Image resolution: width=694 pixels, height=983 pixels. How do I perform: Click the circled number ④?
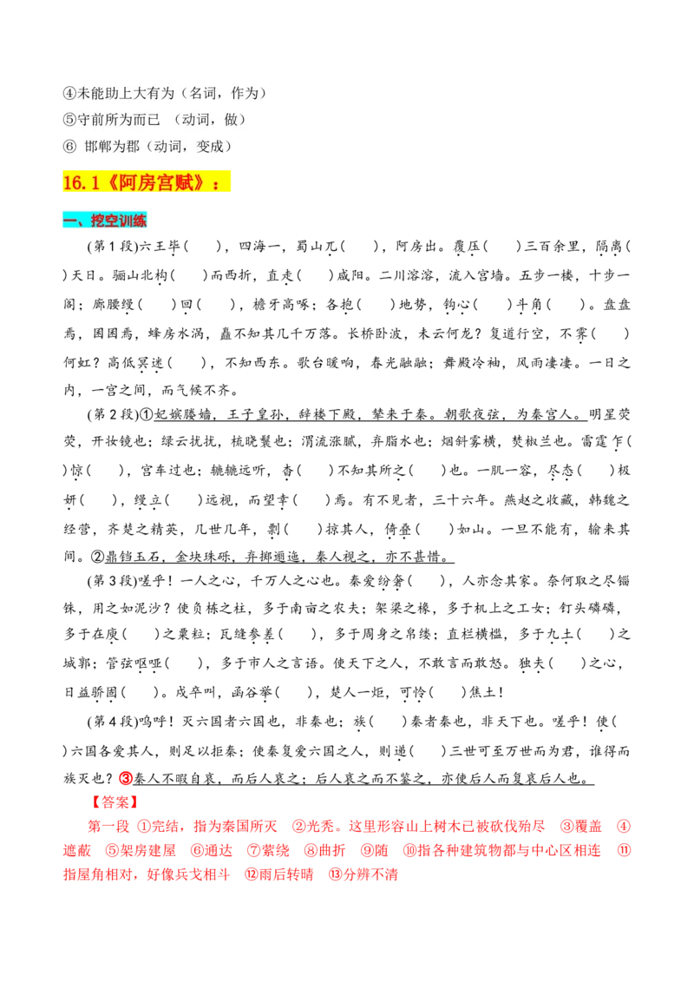[70, 92]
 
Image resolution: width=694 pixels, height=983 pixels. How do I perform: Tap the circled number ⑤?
[70, 119]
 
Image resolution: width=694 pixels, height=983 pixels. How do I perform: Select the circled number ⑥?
[70, 146]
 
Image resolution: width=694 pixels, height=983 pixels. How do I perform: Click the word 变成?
[210, 146]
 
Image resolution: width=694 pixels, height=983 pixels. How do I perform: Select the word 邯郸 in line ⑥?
[99, 146]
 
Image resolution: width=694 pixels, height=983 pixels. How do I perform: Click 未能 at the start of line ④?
[91, 92]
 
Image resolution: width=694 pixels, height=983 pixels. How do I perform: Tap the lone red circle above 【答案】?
[125, 776]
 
